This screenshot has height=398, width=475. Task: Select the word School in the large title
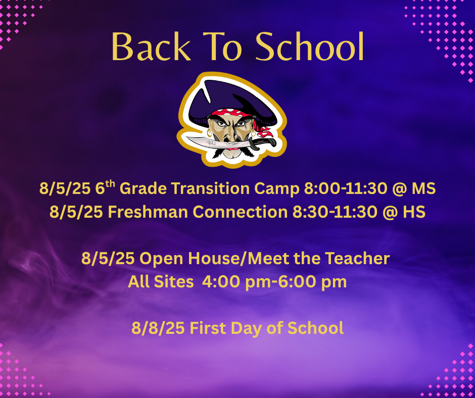[310, 47]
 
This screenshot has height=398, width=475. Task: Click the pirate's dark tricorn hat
[227, 98]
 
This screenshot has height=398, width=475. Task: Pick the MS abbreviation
[423, 188]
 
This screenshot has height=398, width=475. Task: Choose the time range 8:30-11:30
[338, 212]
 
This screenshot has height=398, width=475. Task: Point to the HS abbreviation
[414, 212]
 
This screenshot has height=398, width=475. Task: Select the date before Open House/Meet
[108, 259]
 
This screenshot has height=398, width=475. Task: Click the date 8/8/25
[158, 328]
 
